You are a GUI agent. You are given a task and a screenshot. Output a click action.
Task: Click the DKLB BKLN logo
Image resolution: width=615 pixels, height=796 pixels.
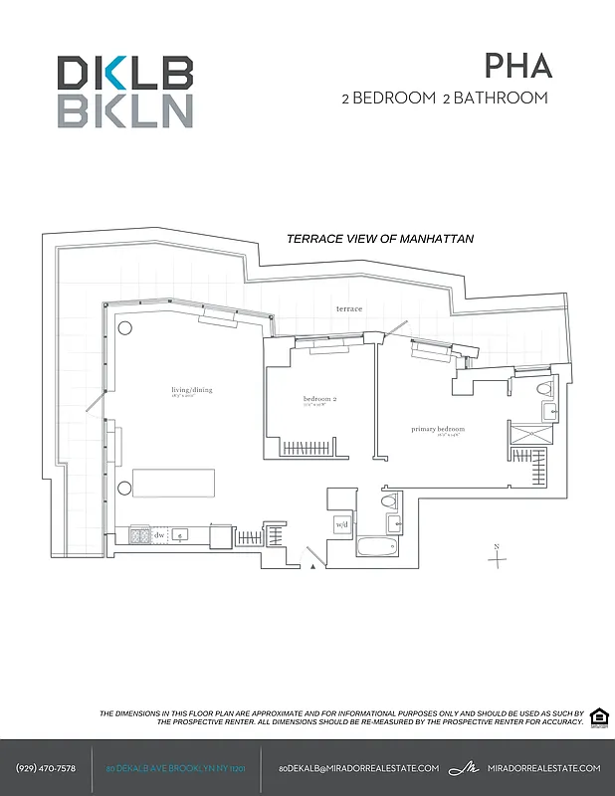pos(124,92)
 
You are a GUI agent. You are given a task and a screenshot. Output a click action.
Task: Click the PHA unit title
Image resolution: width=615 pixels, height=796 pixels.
pos(516,66)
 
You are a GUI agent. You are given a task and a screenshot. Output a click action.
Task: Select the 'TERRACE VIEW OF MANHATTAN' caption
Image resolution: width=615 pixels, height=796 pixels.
pos(379,239)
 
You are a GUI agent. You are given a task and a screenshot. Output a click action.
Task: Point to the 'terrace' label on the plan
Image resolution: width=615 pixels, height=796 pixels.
pos(349,308)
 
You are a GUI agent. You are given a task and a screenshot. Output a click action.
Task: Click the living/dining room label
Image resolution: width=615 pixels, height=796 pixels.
pos(192,392)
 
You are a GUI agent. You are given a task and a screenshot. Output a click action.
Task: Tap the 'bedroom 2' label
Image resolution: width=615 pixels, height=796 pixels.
pos(320,401)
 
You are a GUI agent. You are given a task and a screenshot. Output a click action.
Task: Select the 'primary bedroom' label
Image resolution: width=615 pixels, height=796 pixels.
pos(438,430)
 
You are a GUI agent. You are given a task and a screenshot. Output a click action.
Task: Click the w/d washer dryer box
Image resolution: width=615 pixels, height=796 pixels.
pos(341,524)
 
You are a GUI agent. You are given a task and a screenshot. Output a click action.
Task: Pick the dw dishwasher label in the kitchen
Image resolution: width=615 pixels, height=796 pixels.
pos(158,535)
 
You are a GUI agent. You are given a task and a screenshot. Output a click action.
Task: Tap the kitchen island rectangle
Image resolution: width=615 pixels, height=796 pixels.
pos(174,483)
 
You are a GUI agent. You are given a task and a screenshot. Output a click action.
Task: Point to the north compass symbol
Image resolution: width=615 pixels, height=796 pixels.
pos(497,556)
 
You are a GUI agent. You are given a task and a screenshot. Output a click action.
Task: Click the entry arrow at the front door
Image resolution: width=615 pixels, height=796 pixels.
pos(313,565)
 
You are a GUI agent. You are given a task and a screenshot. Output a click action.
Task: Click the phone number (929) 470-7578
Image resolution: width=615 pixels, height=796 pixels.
pos(47,768)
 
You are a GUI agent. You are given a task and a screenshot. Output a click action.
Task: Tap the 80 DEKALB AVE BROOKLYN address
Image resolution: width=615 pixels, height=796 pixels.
pos(175,768)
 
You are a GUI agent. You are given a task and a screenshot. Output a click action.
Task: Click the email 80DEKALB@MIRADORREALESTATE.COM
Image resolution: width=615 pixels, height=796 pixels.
pos(358,768)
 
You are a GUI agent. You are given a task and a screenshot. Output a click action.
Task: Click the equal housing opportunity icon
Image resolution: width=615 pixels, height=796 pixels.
pos(598,718)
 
